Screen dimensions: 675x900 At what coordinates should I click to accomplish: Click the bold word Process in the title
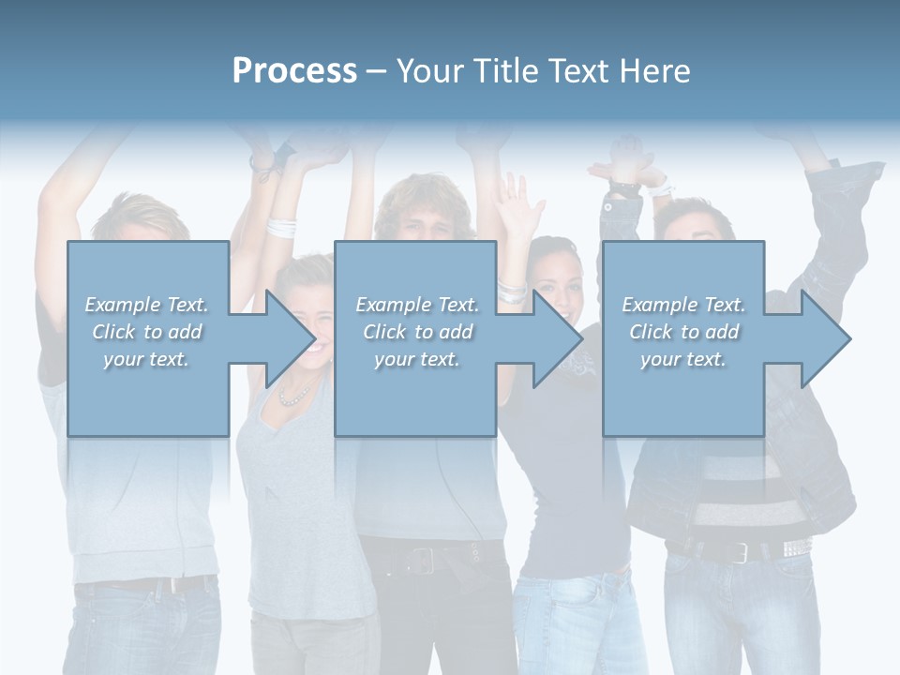point(294,71)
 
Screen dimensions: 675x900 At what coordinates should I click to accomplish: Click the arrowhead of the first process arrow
point(291,338)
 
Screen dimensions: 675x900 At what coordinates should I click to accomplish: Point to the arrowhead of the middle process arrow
point(558,338)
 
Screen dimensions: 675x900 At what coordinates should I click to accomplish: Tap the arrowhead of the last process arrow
point(826,338)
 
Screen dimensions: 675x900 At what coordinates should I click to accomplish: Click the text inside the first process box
point(146,332)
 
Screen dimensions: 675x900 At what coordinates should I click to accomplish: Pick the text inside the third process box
point(683,332)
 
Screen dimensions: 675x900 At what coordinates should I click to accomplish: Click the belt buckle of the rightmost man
point(741,553)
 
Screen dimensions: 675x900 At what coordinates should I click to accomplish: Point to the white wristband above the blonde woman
point(280,227)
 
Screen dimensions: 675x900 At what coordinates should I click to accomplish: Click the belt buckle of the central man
point(421,561)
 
